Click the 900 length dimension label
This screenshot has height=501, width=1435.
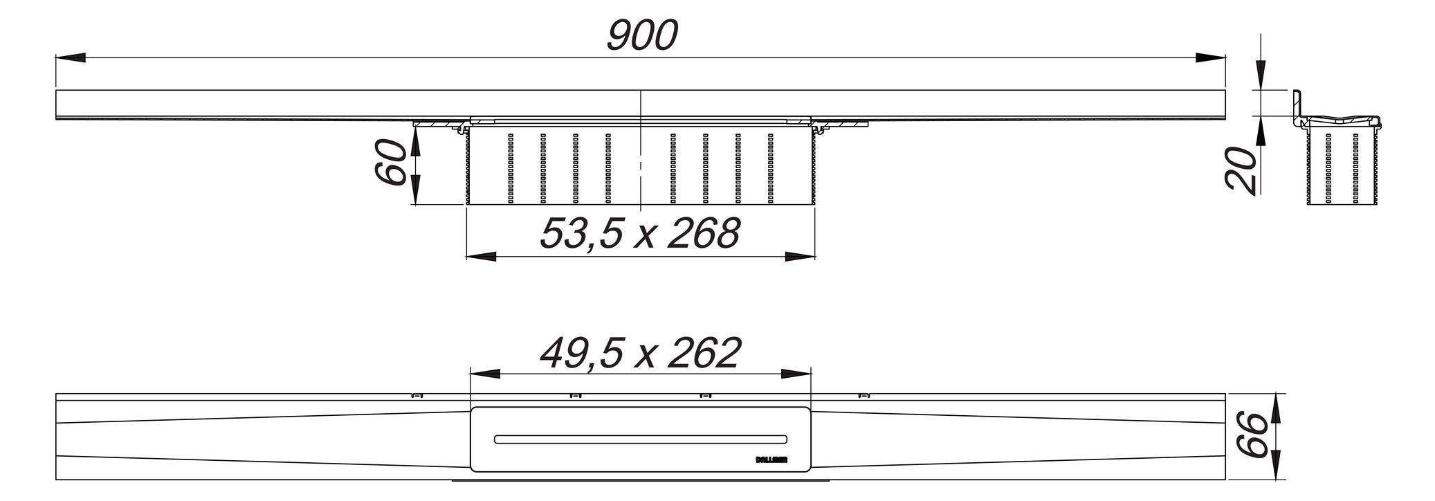click(641, 36)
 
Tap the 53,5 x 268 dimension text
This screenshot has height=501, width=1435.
click(640, 233)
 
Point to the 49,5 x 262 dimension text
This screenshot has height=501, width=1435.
click(640, 353)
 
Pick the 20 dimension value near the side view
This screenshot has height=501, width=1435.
click(1241, 168)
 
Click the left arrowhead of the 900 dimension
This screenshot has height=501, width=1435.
click(70, 58)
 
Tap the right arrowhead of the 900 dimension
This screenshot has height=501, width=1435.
click(1211, 58)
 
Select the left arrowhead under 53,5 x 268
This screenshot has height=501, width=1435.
click(482, 257)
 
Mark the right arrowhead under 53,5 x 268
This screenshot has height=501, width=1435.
click(800, 257)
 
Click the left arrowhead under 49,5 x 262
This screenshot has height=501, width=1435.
click(485, 374)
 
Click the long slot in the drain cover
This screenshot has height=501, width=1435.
click(640, 439)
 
